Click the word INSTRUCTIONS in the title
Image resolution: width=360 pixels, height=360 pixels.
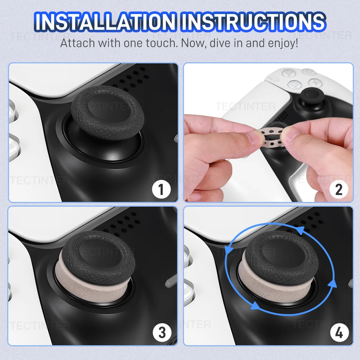tap(253, 22)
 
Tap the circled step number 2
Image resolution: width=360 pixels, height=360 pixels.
tap(338, 189)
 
